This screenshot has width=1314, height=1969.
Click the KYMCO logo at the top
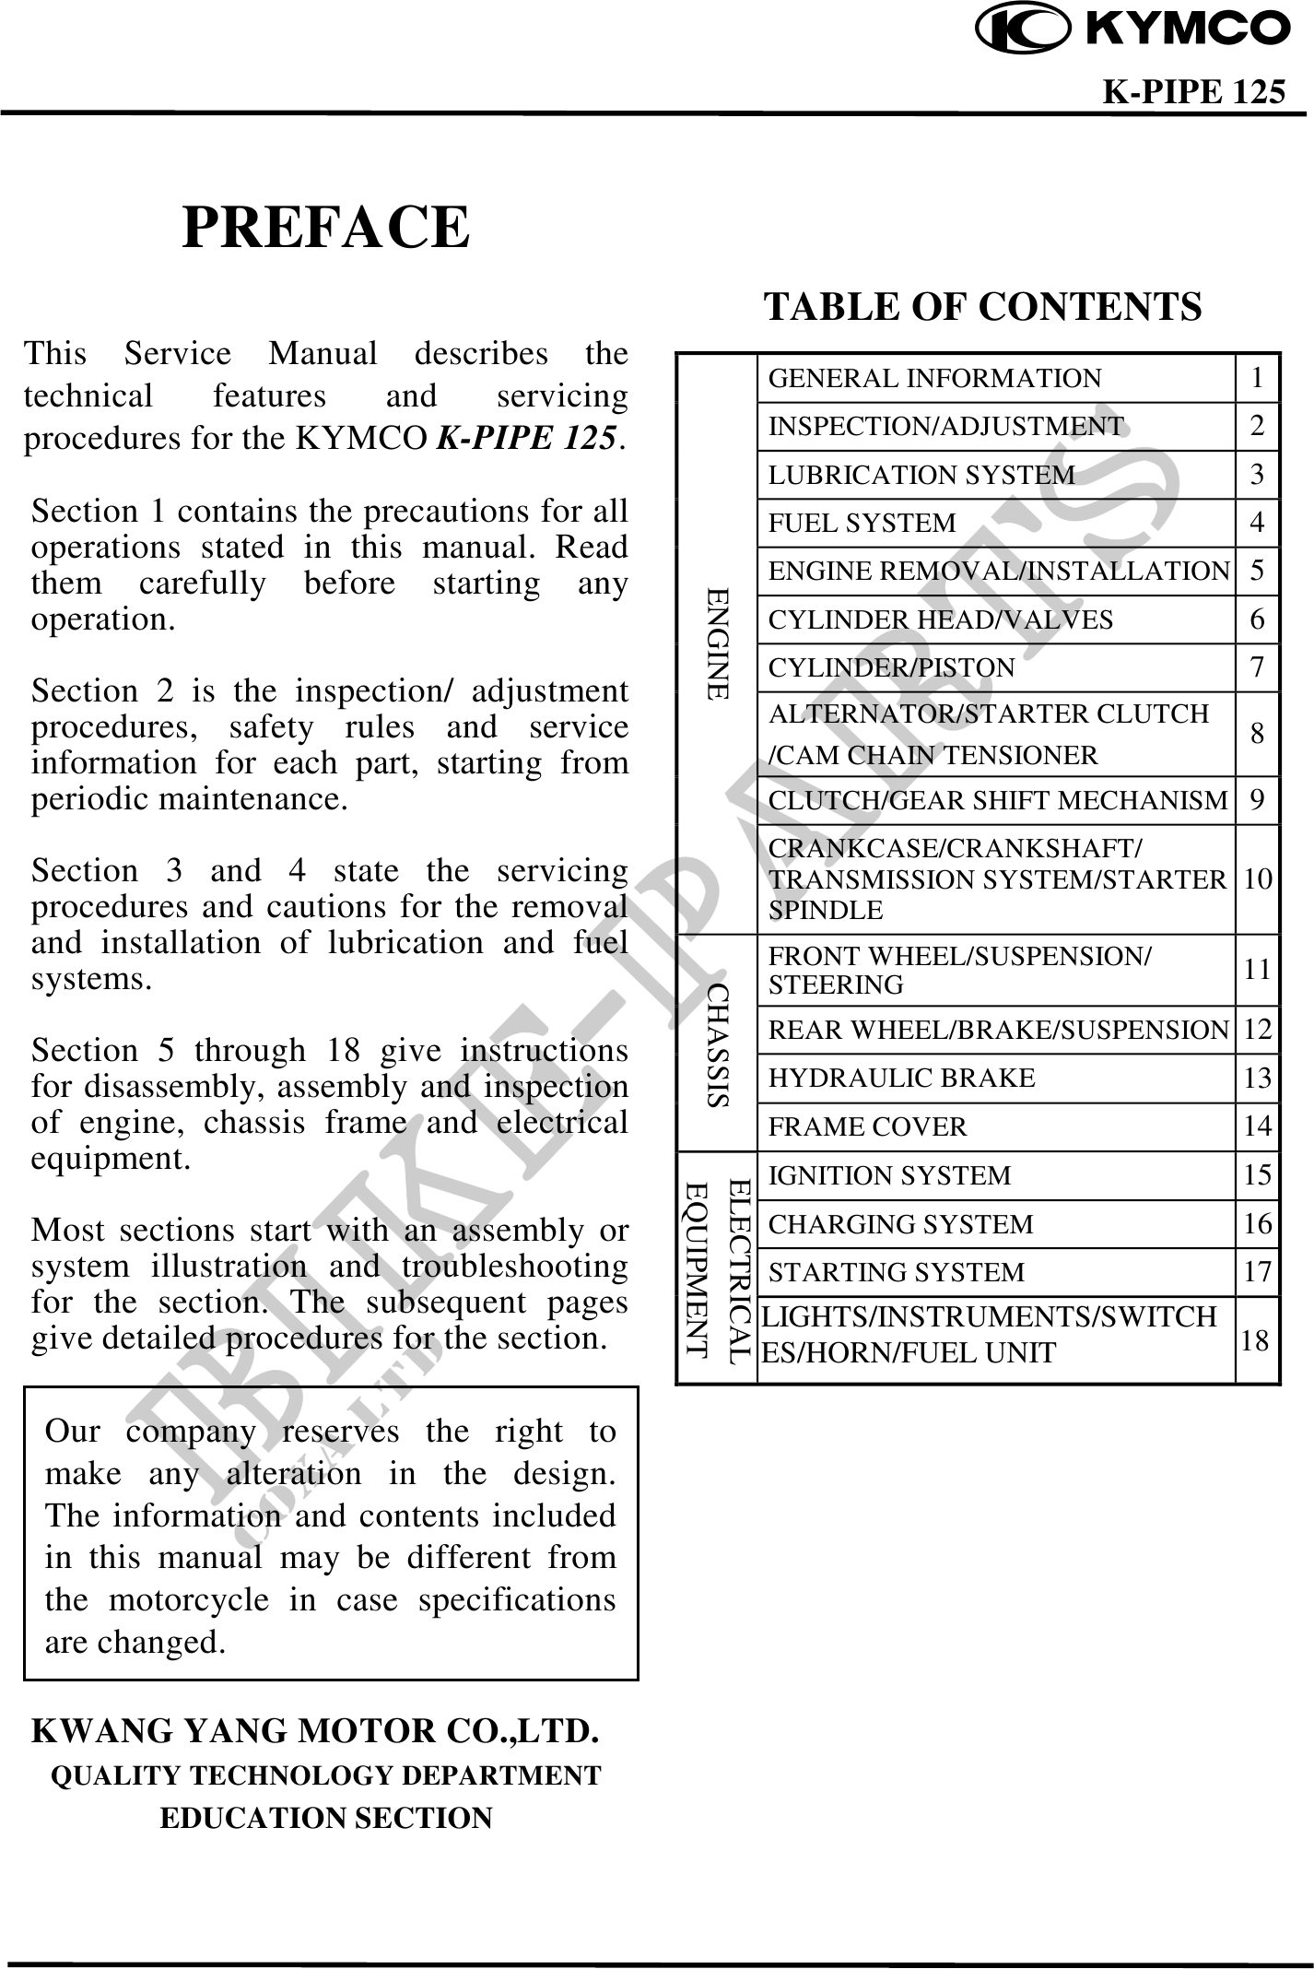tap(1133, 29)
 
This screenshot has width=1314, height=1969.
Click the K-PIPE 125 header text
tap(1193, 92)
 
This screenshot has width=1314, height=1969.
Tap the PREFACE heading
tap(326, 227)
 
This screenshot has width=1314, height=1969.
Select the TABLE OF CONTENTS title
tap(982, 306)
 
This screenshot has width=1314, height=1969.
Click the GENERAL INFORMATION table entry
tap(934, 379)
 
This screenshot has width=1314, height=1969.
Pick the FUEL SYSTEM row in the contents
tap(862, 523)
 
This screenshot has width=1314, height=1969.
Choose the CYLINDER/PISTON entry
tap(891, 666)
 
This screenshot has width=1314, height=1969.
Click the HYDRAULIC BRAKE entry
tap(902, 1078)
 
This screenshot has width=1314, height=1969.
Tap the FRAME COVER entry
tap(868, 1126)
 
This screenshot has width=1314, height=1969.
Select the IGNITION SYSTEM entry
tap(889, 1175)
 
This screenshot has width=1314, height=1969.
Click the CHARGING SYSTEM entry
tap(901, 1224)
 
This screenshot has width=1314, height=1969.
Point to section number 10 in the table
tap(1258, 878)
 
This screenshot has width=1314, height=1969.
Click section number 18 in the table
tap(1256, 1340)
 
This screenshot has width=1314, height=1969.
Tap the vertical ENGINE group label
tap(718, 643)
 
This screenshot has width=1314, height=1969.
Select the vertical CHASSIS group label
tap(718, 1043)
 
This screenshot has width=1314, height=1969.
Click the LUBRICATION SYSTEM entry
tap(921, 475)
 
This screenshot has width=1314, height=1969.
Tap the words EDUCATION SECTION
tap(326, 1818)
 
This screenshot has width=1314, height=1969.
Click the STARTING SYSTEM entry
tap(897, 1272)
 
